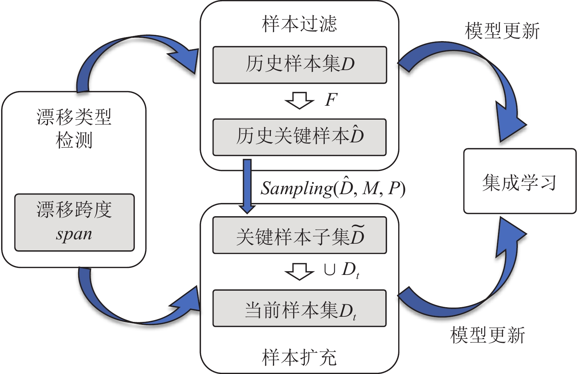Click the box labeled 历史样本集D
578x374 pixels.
click(299, 65)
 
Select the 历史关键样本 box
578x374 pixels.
click(299, 137)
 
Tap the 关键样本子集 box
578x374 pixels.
click(299, 235)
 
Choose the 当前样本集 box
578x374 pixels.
click(299, 308)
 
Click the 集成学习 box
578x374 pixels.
click(520, 181)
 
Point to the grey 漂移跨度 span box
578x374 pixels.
click(74, 222)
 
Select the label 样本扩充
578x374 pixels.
click(299, 357)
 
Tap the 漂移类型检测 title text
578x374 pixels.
click(74, 128)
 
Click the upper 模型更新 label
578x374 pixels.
click(502, 31)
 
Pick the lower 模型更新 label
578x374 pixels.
click(487, 335)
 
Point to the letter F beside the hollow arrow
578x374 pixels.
click(331, 100)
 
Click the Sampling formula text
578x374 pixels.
click(333, 188)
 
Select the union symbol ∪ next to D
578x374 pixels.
click(329, 270)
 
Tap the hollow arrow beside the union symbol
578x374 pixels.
click(299, 272)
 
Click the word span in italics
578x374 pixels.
click(74, 235)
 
